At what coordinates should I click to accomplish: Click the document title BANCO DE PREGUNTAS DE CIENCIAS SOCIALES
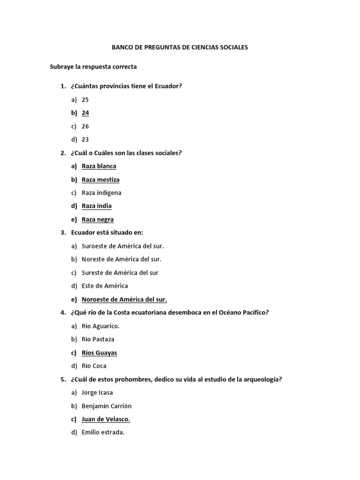click(x=180, y=47)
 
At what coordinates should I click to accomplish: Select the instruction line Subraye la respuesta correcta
click(x=93, y=67)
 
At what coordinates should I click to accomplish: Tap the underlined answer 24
click(x=85, y=113)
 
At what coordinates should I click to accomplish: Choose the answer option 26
click(x=85, y=126)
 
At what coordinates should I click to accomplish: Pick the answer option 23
click(x=85, y=139)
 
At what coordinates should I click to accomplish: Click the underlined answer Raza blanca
click(x=99, y=166)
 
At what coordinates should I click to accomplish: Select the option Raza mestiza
click(x=100, y=180)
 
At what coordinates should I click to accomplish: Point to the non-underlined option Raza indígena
click(x=101, y=193)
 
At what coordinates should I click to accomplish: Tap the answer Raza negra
click(x=97, y=219)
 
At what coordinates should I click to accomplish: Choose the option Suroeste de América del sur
click(x=122, y=246)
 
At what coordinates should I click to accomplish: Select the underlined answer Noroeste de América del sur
click(x=124, y=300)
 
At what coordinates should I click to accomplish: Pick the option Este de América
click(x=105, y=285)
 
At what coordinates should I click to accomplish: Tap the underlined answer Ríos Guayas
click(x=99, y=352)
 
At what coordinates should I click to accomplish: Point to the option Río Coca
click(x=94, y=366)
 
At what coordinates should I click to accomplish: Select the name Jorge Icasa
click(x=97, y=392)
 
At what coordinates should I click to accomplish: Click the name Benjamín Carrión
click(x=106, y=406)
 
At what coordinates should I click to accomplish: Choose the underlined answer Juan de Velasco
click(x=106, y=419)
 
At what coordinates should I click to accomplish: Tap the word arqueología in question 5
click(x=264, y=379)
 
